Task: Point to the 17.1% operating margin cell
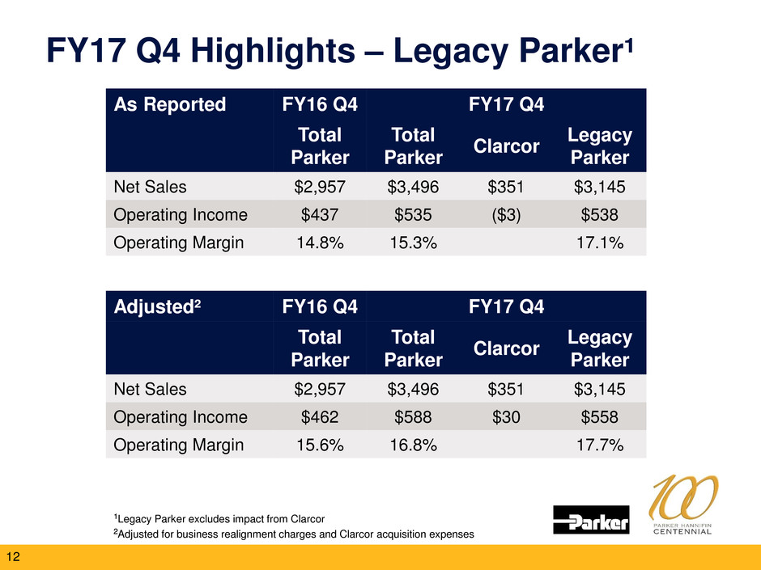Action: [600, 242]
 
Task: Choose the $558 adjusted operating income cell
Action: [600, 416]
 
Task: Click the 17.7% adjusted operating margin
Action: [600, 444]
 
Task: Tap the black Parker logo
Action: [592, 520]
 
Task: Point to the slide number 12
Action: [14, 556]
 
